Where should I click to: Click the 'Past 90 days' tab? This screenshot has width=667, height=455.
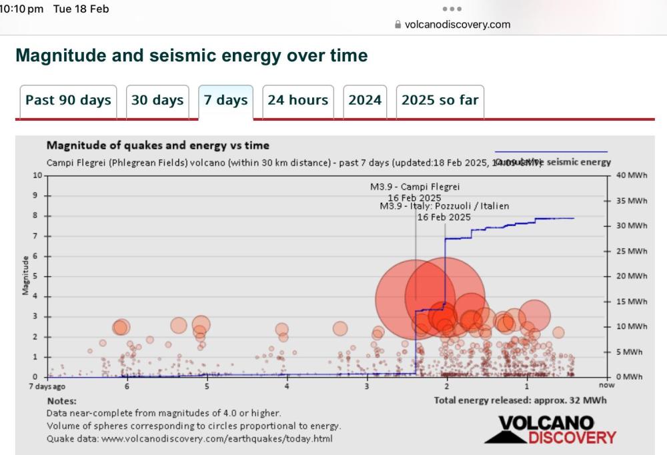coord(68,101)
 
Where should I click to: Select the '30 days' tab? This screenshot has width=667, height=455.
coord(157,101)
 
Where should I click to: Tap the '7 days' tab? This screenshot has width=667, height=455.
coord(225,101)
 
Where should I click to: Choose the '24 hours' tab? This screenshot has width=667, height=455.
coord(297,101)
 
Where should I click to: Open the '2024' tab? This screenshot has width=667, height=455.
coord(365,101)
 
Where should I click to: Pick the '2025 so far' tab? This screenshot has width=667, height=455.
coord(440,101)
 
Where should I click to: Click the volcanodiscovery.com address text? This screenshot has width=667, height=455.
coord(457,25)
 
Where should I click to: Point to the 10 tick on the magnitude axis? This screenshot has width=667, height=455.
coord(37,175)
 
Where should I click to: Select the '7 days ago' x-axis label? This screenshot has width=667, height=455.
coord(47,386)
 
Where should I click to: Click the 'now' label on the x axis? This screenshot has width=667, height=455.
coord(606,386)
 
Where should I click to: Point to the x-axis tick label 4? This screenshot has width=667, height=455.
coord(287,386)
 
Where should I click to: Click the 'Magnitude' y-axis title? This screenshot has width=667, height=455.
coord(25,275)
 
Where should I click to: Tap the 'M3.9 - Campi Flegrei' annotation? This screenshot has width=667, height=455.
coord(415,187)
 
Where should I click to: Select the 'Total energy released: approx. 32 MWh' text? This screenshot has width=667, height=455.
coord(520,400)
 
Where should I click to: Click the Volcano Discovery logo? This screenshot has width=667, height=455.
coord(550,430)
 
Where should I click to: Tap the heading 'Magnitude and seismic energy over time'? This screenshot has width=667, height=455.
coord(191,55)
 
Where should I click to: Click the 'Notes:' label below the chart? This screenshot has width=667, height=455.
coord(61,401)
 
